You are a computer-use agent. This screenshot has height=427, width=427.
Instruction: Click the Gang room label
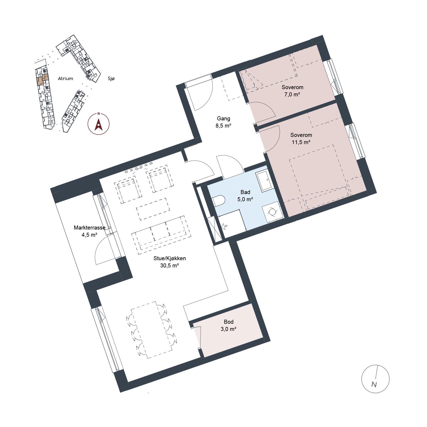coord(223,118)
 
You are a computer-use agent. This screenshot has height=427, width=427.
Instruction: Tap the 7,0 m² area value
coord(292,94)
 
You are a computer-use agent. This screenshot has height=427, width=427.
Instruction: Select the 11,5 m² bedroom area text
coord(301,142)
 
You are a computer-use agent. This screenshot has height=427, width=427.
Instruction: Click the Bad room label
coord(245,192)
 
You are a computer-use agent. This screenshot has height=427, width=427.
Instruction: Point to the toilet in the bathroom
coord(219,201)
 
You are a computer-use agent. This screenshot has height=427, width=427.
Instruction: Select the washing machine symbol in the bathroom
coord(272,211)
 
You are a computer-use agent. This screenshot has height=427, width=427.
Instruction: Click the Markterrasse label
coord(90,228)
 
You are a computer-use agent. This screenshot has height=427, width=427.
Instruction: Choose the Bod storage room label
coord(229,322)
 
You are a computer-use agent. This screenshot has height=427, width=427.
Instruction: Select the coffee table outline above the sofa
coord(153,209)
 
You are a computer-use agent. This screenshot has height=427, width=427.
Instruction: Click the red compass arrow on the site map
coord(99,125)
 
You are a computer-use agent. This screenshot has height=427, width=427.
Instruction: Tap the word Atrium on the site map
coord(65,78)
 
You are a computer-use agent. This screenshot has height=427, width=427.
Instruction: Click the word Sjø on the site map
coord(111,78)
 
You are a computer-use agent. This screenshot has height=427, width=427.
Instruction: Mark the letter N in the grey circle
coord(374,385)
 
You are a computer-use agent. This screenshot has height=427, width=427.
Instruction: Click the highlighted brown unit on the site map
coord(42,80)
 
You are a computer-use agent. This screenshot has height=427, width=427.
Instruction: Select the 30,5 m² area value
coord(169,266)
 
